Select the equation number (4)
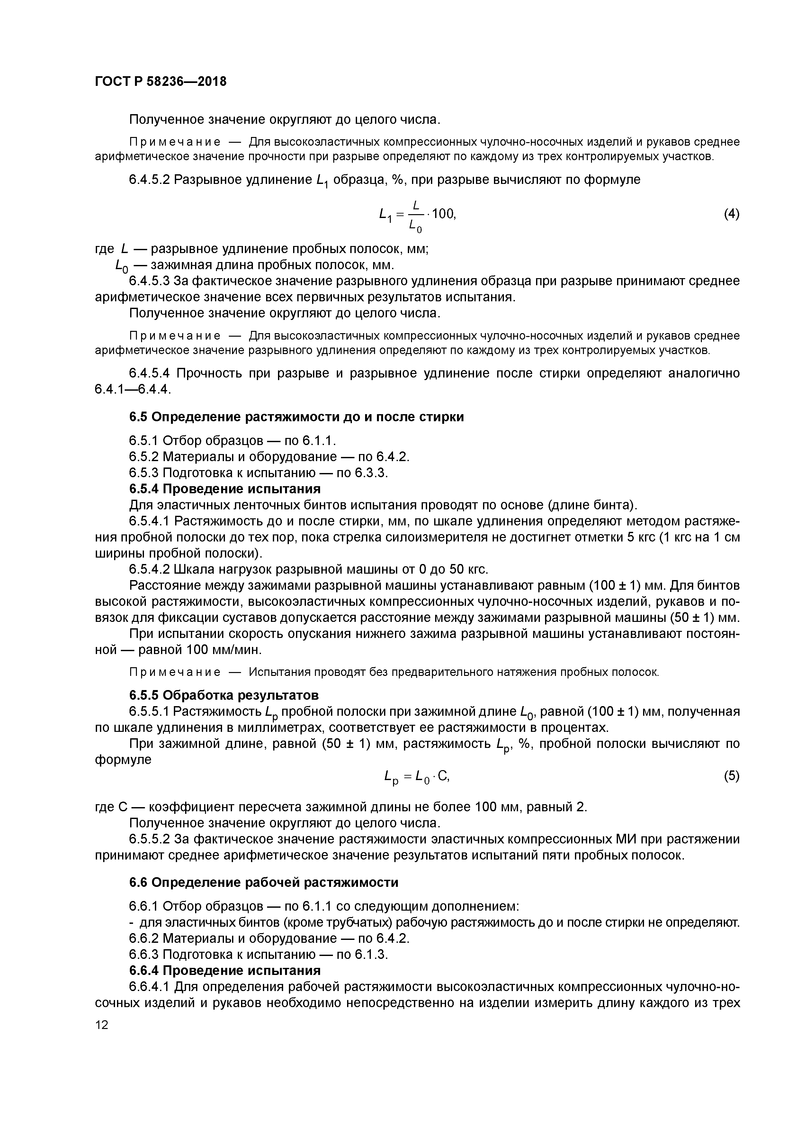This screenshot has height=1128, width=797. (x=731, y=214)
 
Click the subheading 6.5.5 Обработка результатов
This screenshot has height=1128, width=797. (x=224, y=695)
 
